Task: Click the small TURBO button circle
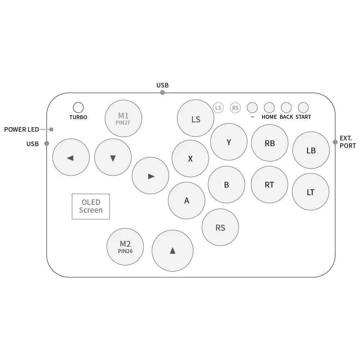[78, 107]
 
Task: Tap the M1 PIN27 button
[123, 118]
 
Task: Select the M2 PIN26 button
[125, 247]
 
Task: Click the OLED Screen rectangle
[91, 206]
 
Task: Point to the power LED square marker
[51, 130]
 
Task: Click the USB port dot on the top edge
[162, 93]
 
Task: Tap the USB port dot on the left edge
[46, 144]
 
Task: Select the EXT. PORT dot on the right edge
[335, 142]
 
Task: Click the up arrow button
[172, 251]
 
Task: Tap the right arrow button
[150, 176]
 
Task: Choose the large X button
[190, 159]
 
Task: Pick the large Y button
[229, 142]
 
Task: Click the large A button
[186, 201]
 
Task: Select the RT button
[269, 185]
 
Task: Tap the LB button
[311, 150]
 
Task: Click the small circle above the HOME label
[269, 108]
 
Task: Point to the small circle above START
[303, 108]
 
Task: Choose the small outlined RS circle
[235, 108]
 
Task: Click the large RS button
[220, 227]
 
